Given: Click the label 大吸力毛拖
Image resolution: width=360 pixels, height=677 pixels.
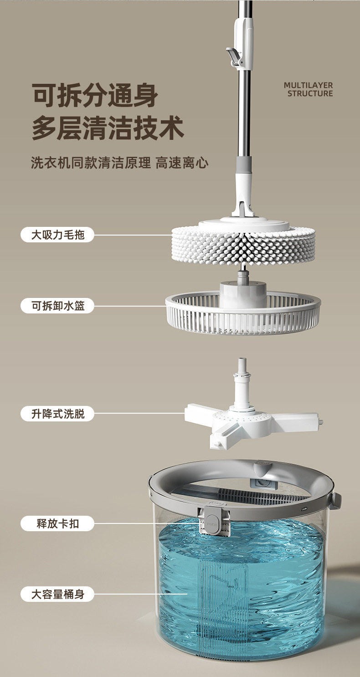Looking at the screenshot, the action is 57,235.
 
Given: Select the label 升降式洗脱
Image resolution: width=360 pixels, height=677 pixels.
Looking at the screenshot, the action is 57,414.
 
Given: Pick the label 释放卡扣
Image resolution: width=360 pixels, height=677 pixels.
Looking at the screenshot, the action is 57,523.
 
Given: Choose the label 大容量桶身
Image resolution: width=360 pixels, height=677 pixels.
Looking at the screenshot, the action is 57,594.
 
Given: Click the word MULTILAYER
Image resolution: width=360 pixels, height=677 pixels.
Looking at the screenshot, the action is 309,85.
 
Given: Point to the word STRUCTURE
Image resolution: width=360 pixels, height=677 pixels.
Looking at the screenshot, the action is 310,93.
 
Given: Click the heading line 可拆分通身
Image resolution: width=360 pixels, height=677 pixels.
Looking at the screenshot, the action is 95,95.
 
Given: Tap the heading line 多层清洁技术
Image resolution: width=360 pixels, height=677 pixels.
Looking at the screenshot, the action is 108,128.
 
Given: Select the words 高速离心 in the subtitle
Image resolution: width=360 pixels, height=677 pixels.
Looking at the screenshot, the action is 182,163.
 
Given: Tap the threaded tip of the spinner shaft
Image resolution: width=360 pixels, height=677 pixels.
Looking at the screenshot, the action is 242,364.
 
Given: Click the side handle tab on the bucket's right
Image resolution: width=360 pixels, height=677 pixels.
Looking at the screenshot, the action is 336,500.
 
